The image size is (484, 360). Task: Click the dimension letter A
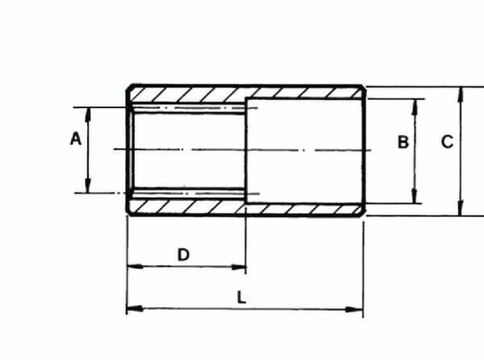76,139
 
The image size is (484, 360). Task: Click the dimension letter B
403,142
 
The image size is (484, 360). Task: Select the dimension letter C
447,142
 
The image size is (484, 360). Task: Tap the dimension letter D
184,255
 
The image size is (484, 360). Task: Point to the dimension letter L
241,298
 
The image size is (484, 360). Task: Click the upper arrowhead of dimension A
88,115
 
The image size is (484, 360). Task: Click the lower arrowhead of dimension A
88,185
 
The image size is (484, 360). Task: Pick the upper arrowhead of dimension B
415,106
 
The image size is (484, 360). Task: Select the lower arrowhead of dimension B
415,196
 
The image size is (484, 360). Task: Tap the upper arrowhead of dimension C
461,94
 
